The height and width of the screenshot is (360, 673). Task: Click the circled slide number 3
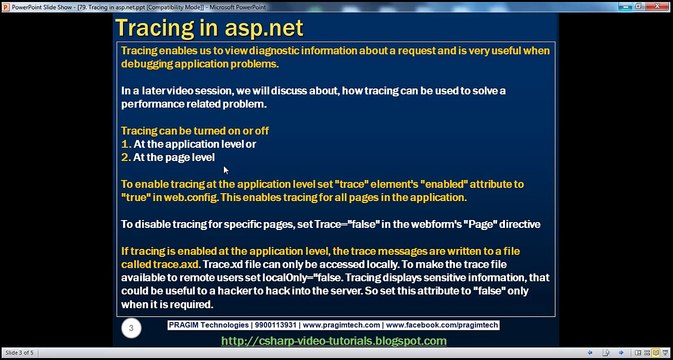pos(129,327)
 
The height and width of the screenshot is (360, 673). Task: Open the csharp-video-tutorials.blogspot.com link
pos(334,341)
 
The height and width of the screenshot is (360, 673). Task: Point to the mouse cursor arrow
pos(226,170)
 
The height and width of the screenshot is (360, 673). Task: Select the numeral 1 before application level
pos(125,144)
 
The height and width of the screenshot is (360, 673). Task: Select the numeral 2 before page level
pos(125,157)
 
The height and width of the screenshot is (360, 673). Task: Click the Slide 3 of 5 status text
pos(23,354)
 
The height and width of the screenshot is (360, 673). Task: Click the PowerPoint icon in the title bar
pos(7,5)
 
